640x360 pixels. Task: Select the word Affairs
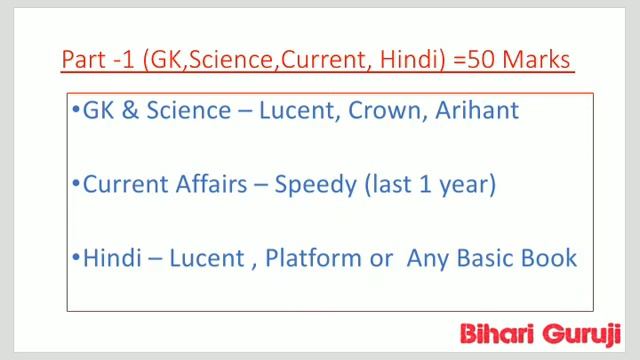tap(206, 185)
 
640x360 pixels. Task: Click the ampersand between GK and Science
tap(127, 110)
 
